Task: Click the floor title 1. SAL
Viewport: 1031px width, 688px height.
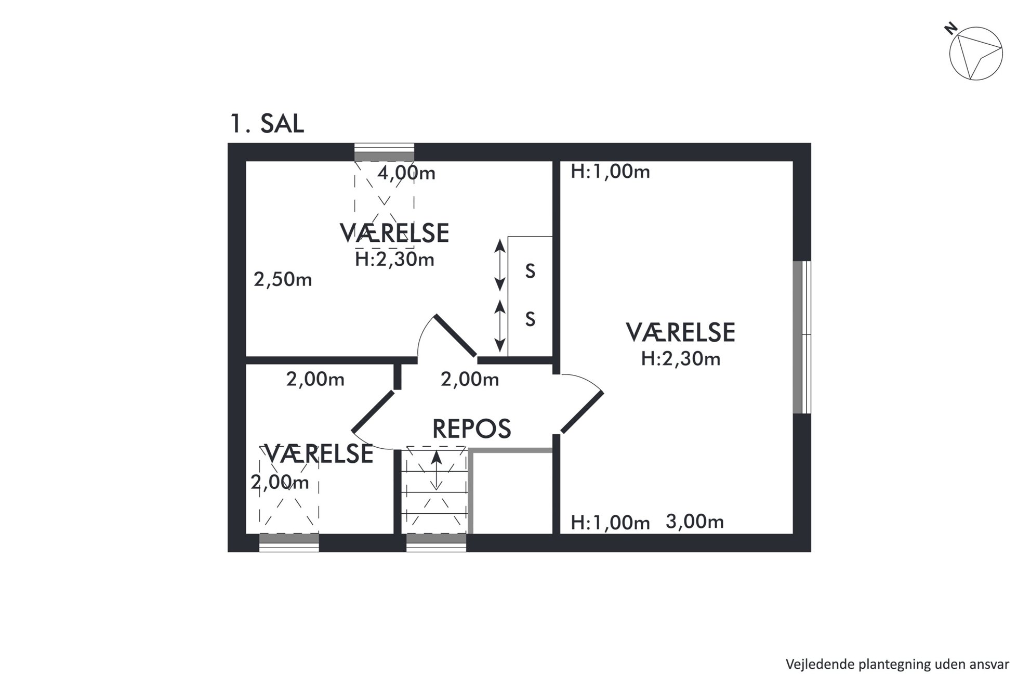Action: pyautogui.click(x=267, y=124)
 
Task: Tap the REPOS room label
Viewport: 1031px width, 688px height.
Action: pyautogui.click(x=471, y=429)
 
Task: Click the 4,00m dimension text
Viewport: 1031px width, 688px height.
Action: pyautogui.click(x=406, y=173)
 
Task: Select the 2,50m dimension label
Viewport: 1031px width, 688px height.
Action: pyautogui.click(x=283, y=280)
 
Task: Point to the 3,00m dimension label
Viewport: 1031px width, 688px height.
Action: pyautogui.click(x=695, y=522)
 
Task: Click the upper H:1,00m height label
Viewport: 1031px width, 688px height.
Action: pyautogui.click(x=610, y=172)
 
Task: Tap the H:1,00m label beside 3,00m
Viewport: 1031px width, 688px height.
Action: pyautogui.click(x=610, y=523)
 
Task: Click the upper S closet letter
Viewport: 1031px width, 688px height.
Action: pyautogui.click(x=530, y=271)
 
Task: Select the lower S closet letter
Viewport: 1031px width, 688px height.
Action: pyautogui.click(x=530, y=319)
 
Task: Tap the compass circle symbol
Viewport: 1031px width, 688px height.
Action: pyautogui.click(x=975, y=54)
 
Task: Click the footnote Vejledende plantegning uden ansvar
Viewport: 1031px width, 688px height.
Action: pyautogui.click(x=897, y=664)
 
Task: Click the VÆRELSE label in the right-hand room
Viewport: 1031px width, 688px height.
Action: pyautogui.click(x=680, y=333)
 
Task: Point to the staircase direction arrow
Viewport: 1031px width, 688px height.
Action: pyautogui.click(x=437, y=471)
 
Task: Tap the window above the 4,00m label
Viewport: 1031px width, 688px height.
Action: pyautogui.click(x=384, y=152)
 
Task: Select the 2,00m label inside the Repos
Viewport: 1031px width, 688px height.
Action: pyautogui.click(x=470, y=380)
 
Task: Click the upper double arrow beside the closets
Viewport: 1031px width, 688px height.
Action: pyautogui.click(x=499, y=265)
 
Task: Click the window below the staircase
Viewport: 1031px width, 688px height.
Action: pyautogui.click(x=436, y=542)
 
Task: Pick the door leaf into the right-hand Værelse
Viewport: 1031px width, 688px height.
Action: pyautogui.click(x=582, y=412)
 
